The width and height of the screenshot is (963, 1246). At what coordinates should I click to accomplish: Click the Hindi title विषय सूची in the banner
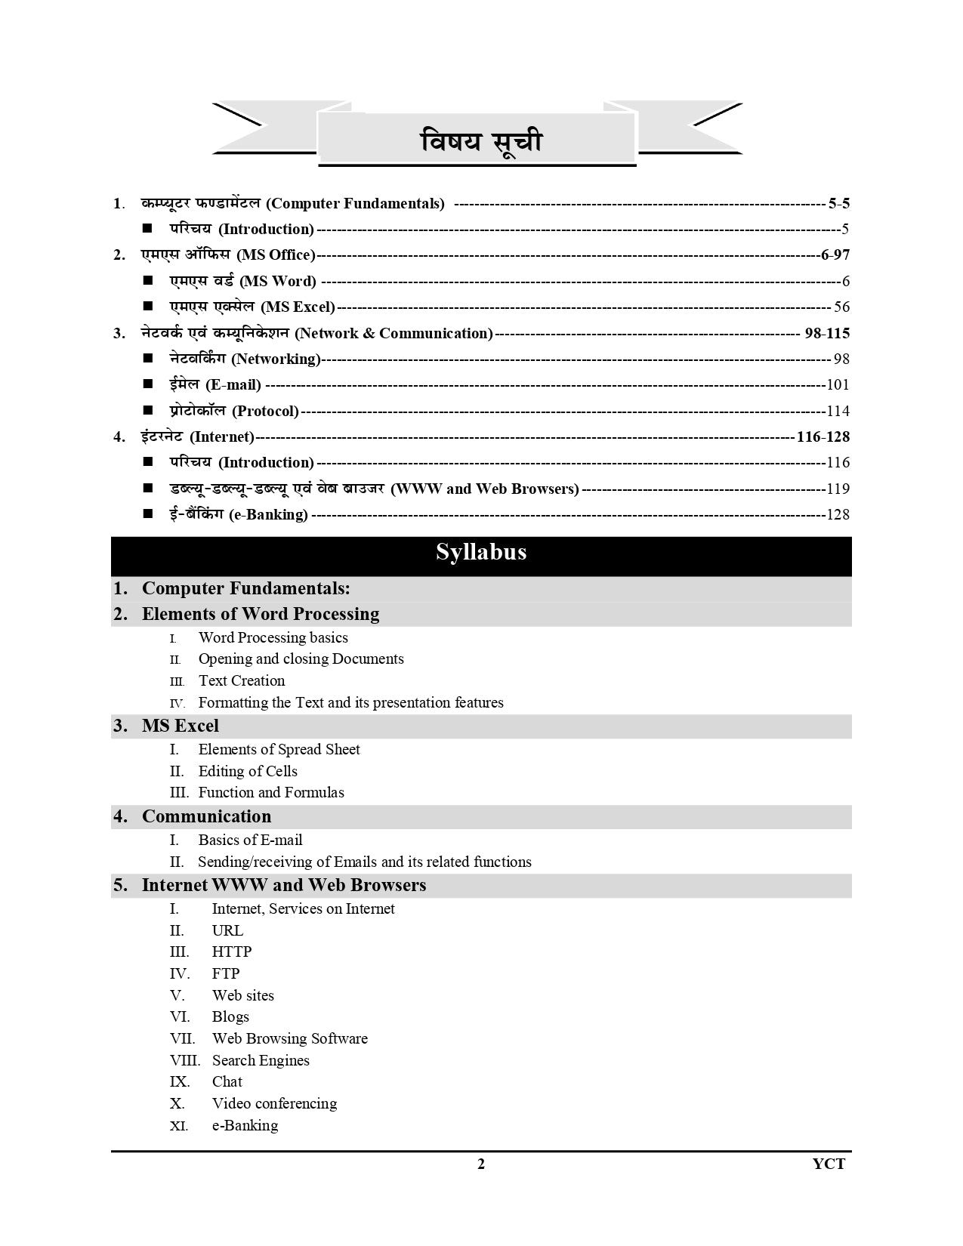[x=481, y=141]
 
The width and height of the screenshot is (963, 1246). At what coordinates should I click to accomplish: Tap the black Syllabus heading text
[x=481, y=552]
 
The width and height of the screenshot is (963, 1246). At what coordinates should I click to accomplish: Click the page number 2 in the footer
[x=481, y=1164]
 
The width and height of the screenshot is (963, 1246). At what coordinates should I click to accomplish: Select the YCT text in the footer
[x=829, y=1164]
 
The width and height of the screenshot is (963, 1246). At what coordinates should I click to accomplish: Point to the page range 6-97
[x=835, y=255]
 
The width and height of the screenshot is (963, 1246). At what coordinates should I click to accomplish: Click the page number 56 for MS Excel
[x=841, y=307]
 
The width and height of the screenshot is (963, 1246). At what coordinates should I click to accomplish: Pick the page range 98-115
[x=827, y=333]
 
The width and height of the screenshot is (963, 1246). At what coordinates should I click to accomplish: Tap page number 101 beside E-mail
[x=838, y=385]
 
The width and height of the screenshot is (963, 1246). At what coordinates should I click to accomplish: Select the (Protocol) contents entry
[x=265, y=412]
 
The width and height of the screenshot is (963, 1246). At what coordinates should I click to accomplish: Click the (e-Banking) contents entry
[x=268, y=515]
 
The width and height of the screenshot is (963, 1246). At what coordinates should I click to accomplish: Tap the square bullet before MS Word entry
[x=148, y=281]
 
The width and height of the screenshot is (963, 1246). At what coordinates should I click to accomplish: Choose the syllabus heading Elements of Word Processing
[x=261, y=614]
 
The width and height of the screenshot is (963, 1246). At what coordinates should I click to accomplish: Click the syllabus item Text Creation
[x=242, y=680]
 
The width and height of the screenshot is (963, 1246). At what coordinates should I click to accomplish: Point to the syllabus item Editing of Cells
[x=248, y=771]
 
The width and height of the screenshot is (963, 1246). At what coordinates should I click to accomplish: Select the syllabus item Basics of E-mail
[x=250, y=840]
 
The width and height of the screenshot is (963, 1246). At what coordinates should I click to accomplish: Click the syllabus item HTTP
[x=232, y=951]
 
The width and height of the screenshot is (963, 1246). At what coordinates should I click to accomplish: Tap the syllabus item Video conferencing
[x=274, y=1103]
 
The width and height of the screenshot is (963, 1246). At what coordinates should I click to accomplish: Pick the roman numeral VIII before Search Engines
[x=185, y=1060]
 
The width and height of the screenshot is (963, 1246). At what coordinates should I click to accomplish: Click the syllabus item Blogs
[x=230, y=1016]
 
